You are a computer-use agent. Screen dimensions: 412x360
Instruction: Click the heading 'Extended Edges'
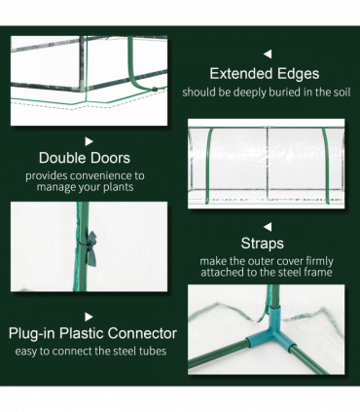tap(265, 74)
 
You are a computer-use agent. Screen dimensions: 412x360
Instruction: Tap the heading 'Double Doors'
tap(85, 158)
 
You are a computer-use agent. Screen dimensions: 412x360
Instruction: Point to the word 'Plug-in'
tap(35, 333)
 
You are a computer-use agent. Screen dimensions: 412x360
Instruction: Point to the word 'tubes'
tap(150, 351)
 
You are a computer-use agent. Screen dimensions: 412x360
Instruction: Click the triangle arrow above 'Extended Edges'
tap(268, 54)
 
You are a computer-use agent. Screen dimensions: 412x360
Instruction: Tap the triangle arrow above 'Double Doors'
tap(89, 140)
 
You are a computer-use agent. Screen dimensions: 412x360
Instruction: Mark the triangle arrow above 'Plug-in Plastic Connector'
tap(89, 316)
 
